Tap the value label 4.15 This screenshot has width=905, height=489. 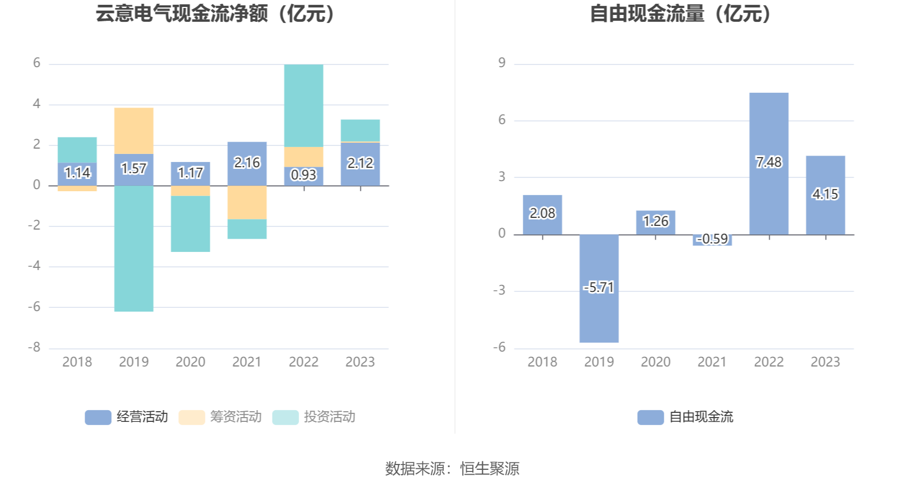(825, 194)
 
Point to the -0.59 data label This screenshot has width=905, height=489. (712, 239)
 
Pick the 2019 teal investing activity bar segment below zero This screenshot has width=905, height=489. (134, 248)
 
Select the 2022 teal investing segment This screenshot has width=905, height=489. (303, 105)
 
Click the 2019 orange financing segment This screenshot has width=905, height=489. (134, 131)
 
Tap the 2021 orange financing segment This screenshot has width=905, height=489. (247, 202)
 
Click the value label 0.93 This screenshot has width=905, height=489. (303, 175)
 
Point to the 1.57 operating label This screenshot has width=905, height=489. (134, 168)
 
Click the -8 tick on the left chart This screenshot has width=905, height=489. (35, 347)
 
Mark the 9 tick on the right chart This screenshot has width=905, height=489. (502, 63)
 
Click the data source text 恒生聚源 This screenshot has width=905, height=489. (490, 468)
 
